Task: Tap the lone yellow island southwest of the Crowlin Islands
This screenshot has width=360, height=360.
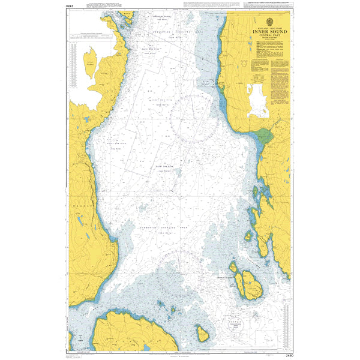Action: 203,334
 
